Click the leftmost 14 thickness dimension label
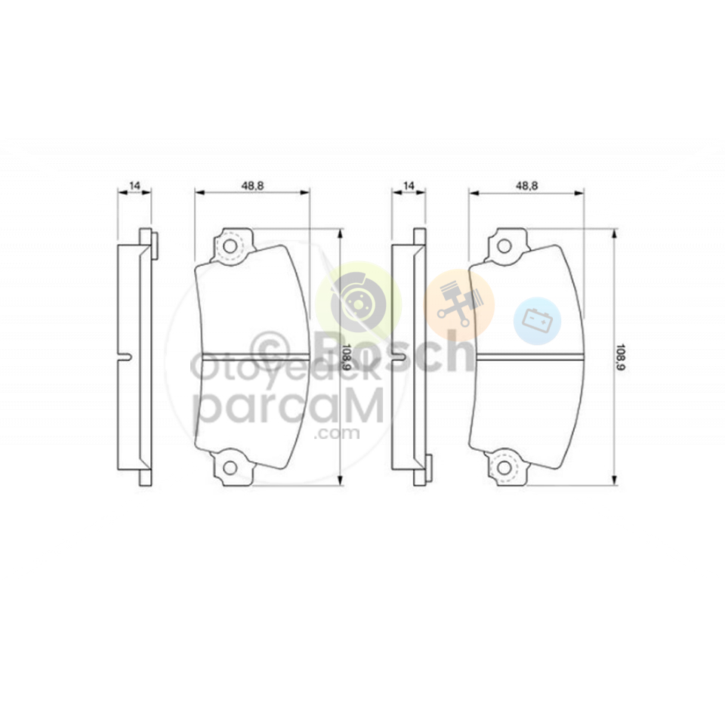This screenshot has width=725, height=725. pyautogui.click(x=134, y=186)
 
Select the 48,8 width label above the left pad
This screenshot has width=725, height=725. pyautogui.click(x=252, y=186)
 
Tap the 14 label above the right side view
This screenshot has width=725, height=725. pyautogui.click(x=409, y=186)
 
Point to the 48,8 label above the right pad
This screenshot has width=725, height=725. pyautogui.click(x=526, y=186)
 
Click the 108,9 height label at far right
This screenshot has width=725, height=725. pyautogui.click(x=621, y=358)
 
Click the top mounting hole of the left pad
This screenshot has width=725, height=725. pyautogui.click(x=230, y=246)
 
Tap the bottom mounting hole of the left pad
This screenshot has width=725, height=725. pyautogui.click(x=230, y=468)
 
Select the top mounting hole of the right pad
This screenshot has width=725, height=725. pyautogui.click(x=504, y=246)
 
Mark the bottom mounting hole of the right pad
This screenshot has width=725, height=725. pyautogui.click(x=504, y=468)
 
